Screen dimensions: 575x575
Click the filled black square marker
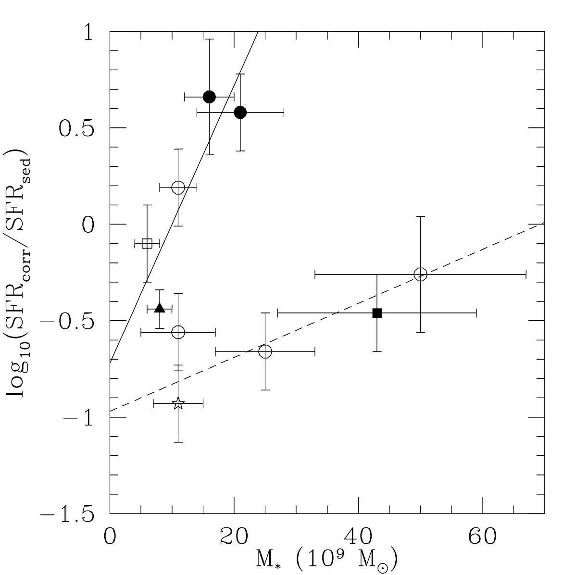point(377,313)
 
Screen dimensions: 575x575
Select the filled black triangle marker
point(160,308)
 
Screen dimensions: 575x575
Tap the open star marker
point(178,403)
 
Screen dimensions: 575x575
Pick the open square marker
point(147,243)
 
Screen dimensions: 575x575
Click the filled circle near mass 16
point(209,97)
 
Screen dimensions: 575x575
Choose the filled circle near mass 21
point(240,112)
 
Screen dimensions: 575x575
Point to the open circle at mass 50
point(420,275)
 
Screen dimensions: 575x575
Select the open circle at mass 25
point(265,351)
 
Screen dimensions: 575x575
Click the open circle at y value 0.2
point(178,187)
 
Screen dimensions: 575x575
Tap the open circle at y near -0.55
point(178,332)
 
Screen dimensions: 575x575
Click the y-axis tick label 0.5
point(76,128)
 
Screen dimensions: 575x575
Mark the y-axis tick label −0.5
point(67,321)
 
